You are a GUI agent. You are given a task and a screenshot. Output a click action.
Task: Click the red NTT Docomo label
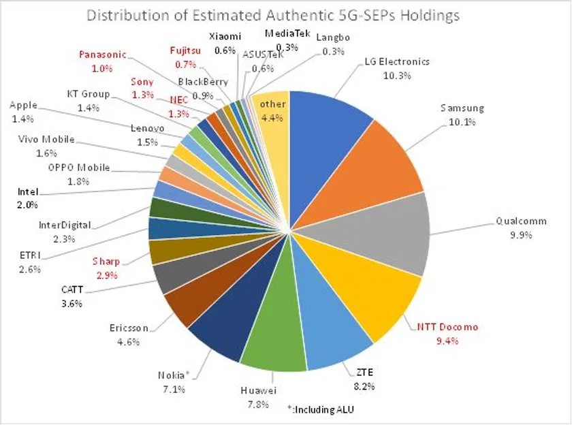click(447, 327)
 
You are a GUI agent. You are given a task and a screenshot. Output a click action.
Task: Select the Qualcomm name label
click(521, 221)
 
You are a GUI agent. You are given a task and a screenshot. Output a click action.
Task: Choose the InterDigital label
click(65, 226)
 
